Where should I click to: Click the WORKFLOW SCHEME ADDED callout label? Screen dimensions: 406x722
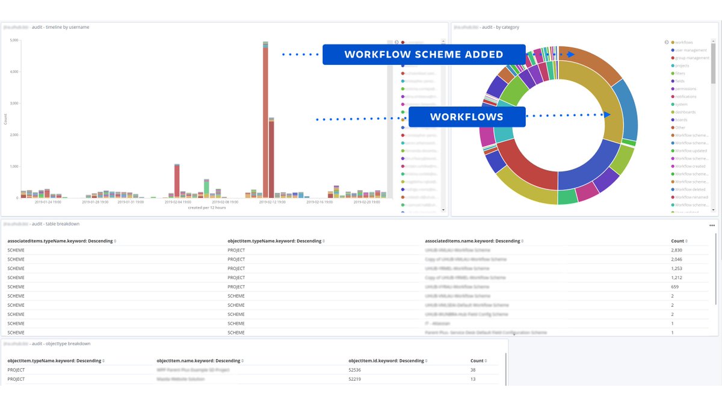pos(424,54)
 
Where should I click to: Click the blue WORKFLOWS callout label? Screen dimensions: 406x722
pos(466,117)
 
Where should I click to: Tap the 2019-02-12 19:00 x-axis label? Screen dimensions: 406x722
pos(272,202)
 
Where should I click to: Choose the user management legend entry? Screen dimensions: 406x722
pos(691,51)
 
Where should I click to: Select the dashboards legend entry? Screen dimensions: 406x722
pos(685,112)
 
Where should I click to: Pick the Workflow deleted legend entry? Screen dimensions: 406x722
pos(690,189)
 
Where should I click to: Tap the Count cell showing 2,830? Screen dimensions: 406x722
pos(677,249)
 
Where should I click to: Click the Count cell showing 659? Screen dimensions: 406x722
pos(675,287)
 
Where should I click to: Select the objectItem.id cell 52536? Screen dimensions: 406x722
pos(354,370)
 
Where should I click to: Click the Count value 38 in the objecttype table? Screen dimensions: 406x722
pos(473,370)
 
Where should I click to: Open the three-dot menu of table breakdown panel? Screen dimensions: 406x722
pos(712,226)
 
